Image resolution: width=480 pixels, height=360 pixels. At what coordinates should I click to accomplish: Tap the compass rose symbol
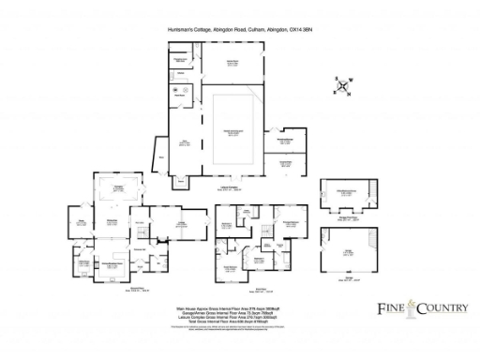[344, 87]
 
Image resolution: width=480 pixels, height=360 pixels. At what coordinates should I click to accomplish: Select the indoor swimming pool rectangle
[231, 124]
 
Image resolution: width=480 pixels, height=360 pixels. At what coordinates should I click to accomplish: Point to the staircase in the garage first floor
[370, 191]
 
